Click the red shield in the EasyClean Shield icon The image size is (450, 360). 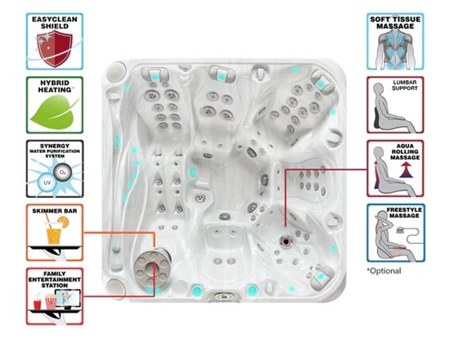pos(55,48)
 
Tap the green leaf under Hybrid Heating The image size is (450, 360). pos(54,112)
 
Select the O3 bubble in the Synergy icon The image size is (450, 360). pos(62,173)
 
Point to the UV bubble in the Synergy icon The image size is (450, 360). pos(47,182)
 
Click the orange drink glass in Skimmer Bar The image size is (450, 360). pos(54,233)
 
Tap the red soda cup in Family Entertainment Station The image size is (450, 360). pos(38,304)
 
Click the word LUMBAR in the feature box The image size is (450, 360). pos(405,83)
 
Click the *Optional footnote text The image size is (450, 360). pos(384,271)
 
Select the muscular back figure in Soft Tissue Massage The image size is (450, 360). pos(395,49)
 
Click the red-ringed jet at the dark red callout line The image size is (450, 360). pos(286,240)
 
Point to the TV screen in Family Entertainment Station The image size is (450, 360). pos(68,298)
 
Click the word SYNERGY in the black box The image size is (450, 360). pos(55,146)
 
